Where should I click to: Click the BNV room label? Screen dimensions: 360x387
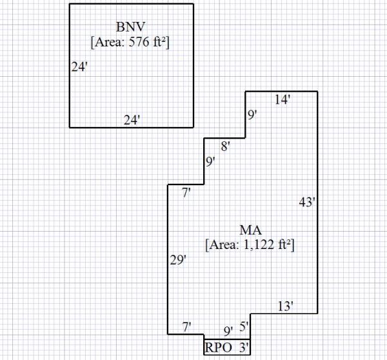tap(131, 27)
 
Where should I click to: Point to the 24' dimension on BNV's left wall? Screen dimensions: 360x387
tap(79, 66)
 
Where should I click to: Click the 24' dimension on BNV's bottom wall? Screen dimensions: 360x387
tap(132, 120)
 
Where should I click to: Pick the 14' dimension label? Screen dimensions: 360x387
tap(283, 99)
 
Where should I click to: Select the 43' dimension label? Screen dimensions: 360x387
tap(308, 203)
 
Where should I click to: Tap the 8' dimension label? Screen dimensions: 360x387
tap(226, 146)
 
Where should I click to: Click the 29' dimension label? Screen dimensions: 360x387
tap(178, 260)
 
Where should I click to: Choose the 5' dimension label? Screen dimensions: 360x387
tap(244, 327)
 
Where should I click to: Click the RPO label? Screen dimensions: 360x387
tap(218, 348)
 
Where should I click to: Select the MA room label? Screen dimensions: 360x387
tap(250, 230)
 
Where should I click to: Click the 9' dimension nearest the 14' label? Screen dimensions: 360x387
tap(252, 115)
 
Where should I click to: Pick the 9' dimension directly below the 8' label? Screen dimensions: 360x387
tap(210, 162)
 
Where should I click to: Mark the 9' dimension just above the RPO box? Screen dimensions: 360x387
tap(228, 332)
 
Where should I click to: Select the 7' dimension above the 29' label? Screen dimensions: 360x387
tap(186, 192)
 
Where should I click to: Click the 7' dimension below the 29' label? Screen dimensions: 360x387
tap(186, 327)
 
